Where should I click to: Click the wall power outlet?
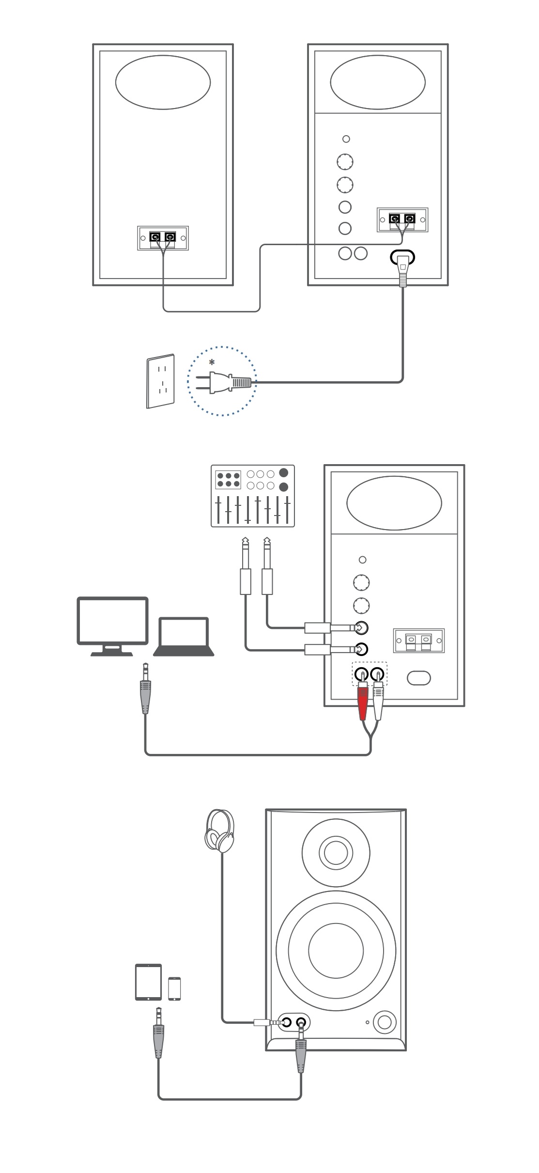pyautogui.click(x=161, y=381)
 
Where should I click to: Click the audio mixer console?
pyautogui.click(x=253, y=496)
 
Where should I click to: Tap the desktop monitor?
pyautogui.click(x=112, y=626)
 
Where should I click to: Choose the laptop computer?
pyautogui.click(x=184, y=636)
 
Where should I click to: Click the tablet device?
pyautogui.click(x=148, y=982)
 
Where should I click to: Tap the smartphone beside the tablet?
pyautogui.click(x=174, y=988)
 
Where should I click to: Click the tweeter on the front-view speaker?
pyautogui.click(x=336, y=853)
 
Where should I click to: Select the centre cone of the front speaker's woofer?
pyautogui.click(x=336, y=950)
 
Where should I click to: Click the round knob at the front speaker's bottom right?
pyautogui.click(x=385, y=1022)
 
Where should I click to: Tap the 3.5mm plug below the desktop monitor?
pyautogui.click(x=145, y=691)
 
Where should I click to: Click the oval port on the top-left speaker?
pyautogui.click(x=163, y=82)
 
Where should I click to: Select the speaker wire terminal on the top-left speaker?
pyautogui.click(x=163, y=238)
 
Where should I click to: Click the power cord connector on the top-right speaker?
pyautogui.click(x=403, y=268)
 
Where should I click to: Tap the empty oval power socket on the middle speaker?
pyautogui.click(x=419, y=678)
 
